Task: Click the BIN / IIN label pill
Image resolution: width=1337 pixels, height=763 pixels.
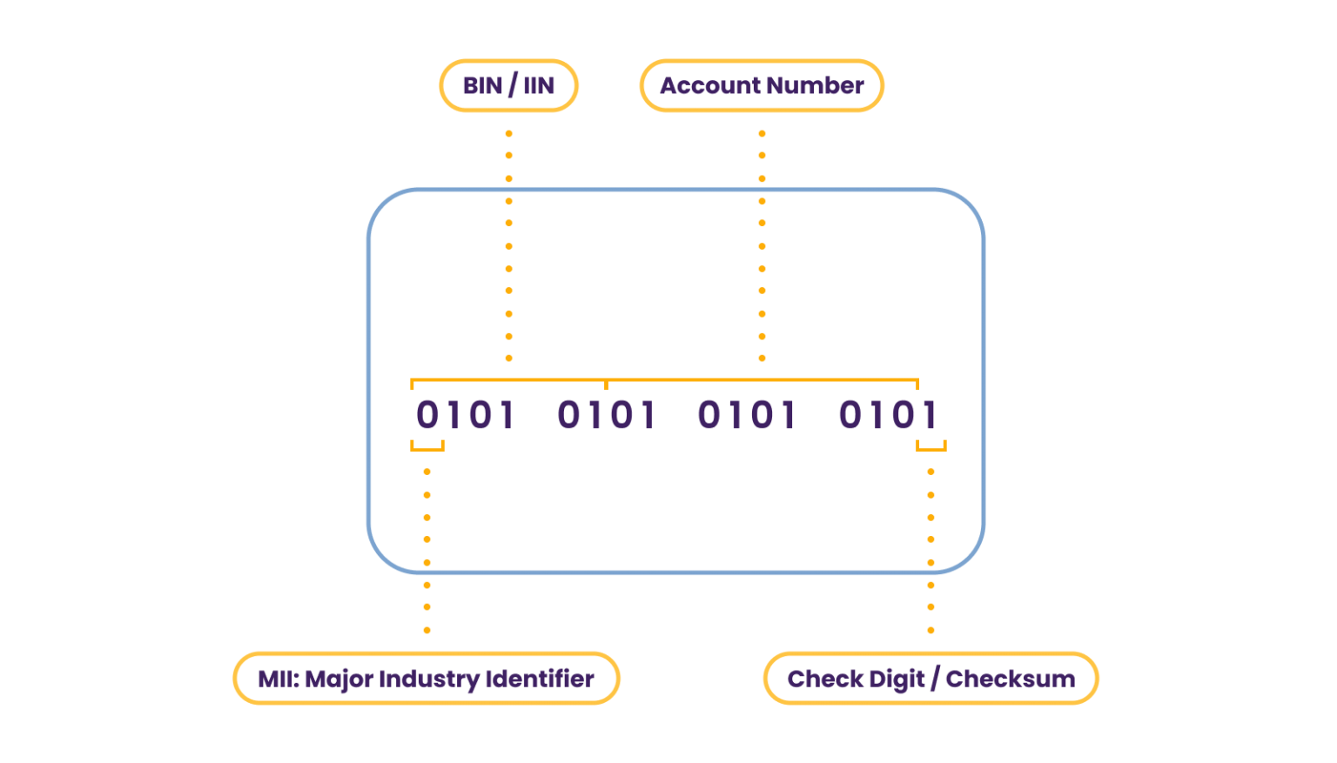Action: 508,85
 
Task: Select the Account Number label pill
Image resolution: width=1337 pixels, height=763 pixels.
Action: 762,85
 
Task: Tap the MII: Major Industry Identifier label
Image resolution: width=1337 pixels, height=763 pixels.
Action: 426,679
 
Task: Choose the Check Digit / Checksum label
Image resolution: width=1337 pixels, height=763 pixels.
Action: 931,679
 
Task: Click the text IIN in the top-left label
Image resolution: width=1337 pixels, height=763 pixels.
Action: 539,85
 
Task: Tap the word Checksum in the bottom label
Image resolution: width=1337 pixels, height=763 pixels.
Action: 1010,679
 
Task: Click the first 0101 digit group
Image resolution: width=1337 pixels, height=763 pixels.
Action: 465,416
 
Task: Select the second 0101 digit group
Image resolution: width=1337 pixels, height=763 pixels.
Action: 606,416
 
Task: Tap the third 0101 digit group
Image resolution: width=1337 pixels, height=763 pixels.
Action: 747,416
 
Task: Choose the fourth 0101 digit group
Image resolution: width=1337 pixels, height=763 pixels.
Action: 887,416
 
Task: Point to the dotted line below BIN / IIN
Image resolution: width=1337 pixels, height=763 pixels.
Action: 508,245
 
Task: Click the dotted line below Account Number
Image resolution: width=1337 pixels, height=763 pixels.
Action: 762,245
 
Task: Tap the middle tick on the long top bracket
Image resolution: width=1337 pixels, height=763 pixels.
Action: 606,384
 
